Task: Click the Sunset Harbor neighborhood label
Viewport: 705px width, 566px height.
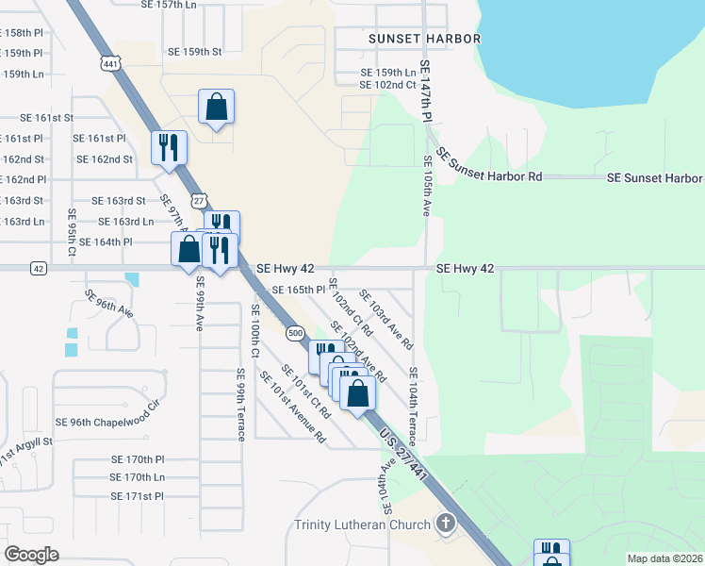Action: [412, 39]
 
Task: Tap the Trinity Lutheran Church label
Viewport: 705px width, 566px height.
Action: [363, 524]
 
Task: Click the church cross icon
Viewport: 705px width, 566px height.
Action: [444, 524]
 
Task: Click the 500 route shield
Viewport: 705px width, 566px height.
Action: [295, 333]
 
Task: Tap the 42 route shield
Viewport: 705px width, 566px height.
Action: [38, 268]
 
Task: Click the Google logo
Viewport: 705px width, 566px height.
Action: [31, 554]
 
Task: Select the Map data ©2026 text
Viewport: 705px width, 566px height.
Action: [664, 558]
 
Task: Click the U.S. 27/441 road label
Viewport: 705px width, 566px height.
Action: [405, 454]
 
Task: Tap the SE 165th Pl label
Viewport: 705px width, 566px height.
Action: [299, 290]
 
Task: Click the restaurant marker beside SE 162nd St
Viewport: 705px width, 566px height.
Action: [170, 148]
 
